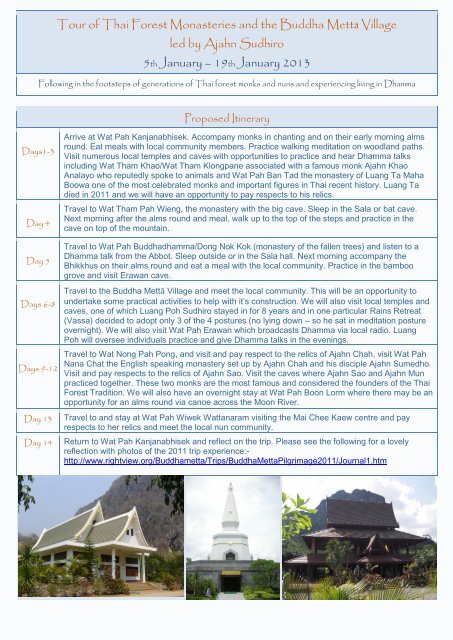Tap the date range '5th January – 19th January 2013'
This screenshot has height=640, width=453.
226,63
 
